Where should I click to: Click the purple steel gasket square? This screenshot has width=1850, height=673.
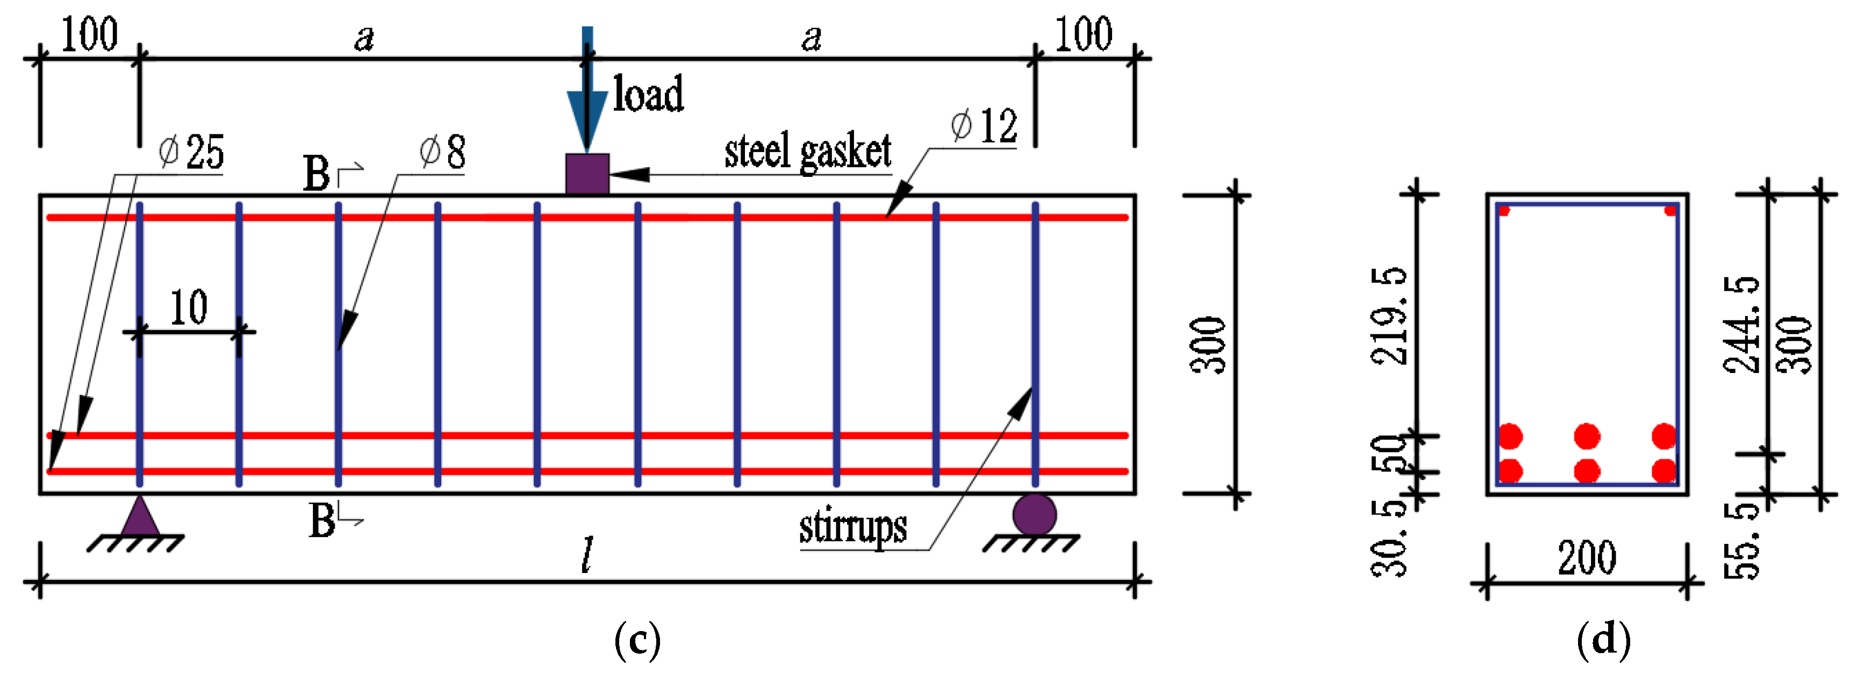pyautogui.click(x=587, y=174)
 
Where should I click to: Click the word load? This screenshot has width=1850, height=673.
pyautogui.click(x=648, y=94)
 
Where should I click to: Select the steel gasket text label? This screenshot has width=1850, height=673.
pyautogui.click(x=807, y=152)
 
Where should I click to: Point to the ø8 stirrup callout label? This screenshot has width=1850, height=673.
pyautogui.click(x=443, y=152)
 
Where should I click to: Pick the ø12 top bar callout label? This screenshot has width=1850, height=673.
pyautogui.click(x=984, y=126)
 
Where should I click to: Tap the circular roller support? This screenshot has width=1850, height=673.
pyautogui.click(x=1034, y=514)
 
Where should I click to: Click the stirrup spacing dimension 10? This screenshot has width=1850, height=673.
pyautogui.click(x=189, y=308)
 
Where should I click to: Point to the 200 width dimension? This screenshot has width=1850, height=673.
pyautogui.click(x=1587, y=558)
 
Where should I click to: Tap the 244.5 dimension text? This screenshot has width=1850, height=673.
pyautogui.click(x=1741, y=325)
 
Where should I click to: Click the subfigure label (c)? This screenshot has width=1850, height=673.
pyautogui.click(x=637, y=640)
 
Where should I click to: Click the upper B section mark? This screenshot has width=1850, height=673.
pyautogui.click(x=317, y=174)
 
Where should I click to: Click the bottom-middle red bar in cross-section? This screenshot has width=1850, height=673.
pyautogui.click(x=1587, y=471)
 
